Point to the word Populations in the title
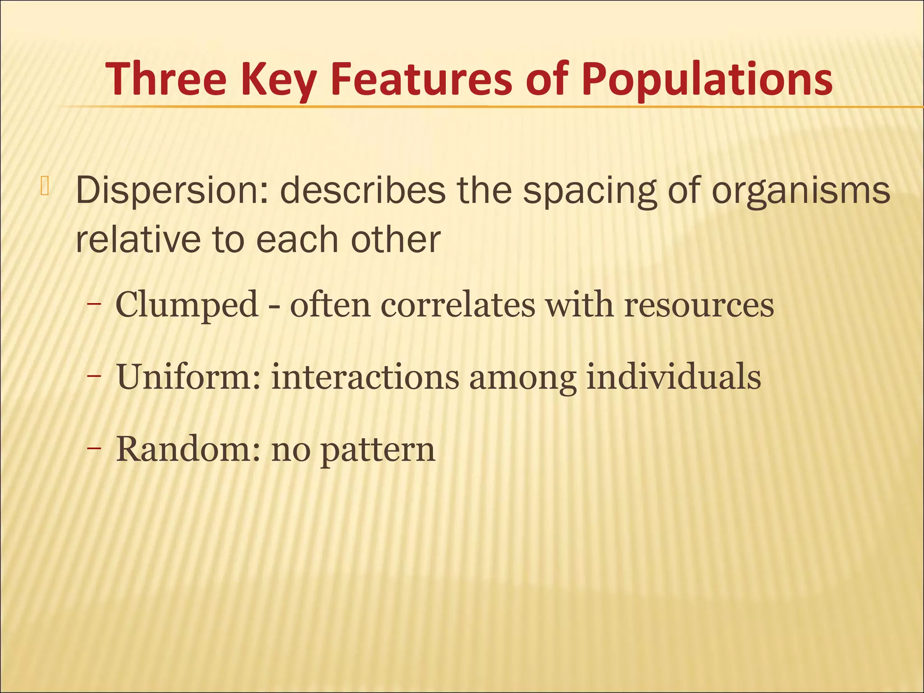pos(707,79)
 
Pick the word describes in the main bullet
pos(362,189)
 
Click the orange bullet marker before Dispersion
pos(44,185)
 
